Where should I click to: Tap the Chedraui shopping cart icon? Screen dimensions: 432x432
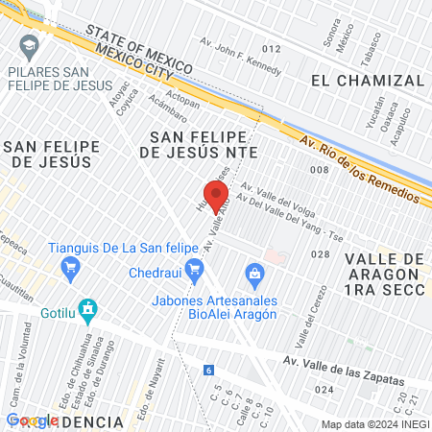[x=195, y=274]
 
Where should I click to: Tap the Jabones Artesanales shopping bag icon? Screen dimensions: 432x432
[x=254, y=275]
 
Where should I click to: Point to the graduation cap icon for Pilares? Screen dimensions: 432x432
[x=31, y=46]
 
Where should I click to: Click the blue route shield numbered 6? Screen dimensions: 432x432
[x=208, y=370]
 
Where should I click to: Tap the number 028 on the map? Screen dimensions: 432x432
[x=321, y=254]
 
